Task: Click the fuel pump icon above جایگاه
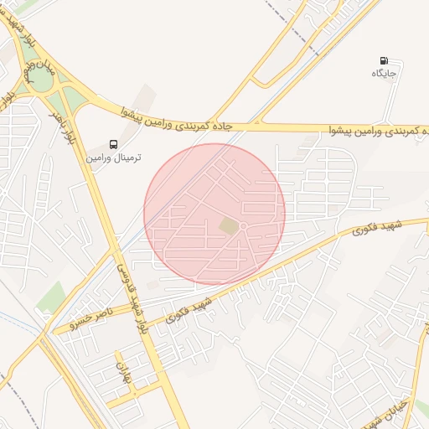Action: click(x=384, y=61)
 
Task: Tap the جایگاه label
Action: click(x=384, y=75)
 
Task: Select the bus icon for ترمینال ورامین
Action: click(x=113, y=144)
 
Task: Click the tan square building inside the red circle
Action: click(x=229, y=226)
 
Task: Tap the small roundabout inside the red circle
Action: click(x=243, y=227)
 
